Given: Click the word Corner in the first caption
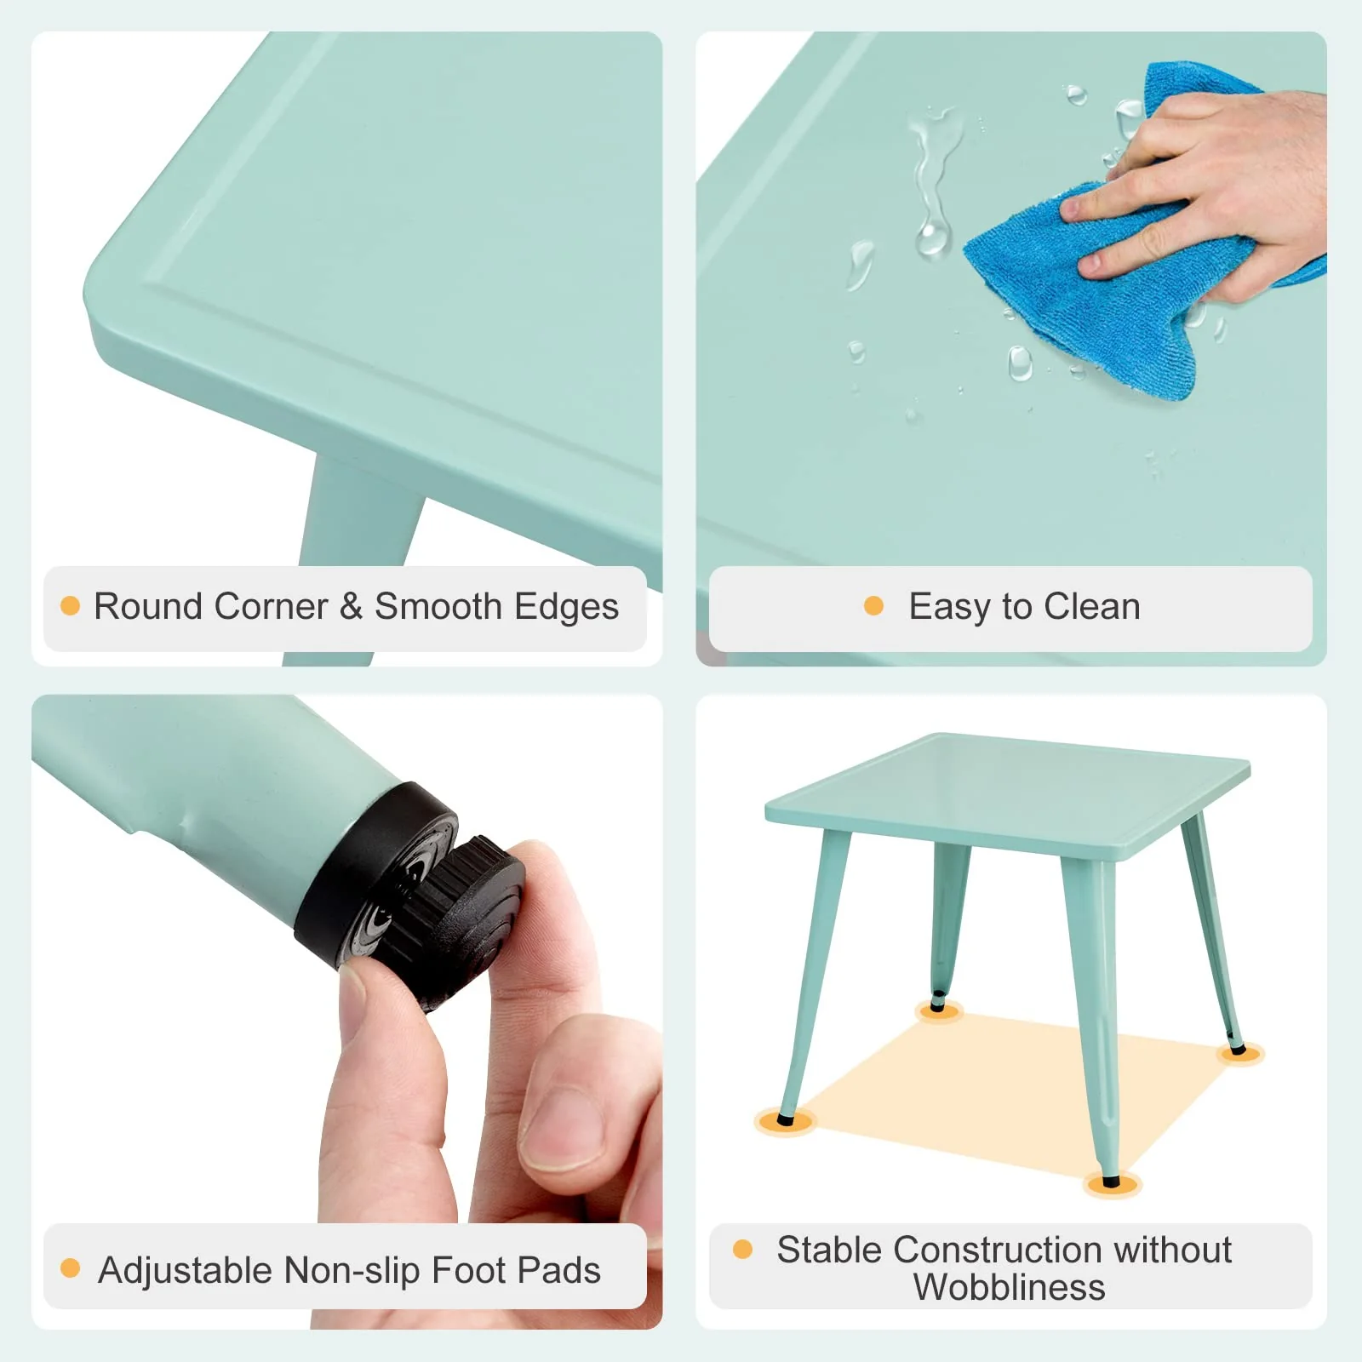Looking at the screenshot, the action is (271, 606).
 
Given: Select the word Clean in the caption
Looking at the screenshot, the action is (1092, 606).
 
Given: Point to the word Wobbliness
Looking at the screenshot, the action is (1010, 1287).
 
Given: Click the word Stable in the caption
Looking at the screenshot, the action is (830, 1250).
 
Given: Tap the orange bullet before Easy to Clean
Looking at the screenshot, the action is (873, 605).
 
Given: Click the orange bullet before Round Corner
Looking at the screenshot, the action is (70, 605).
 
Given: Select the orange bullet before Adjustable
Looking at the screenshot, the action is (70, 1268).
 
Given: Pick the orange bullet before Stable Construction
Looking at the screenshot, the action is (742, 1249).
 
